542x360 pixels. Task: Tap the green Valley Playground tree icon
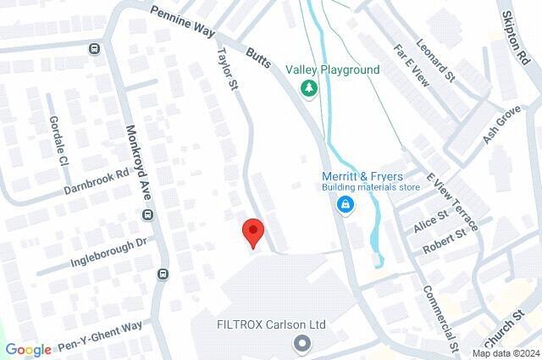[308, 88]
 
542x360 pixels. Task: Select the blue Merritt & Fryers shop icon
[346, 204]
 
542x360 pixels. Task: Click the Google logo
[28, 350]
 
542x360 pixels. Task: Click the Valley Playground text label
[332, 69]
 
